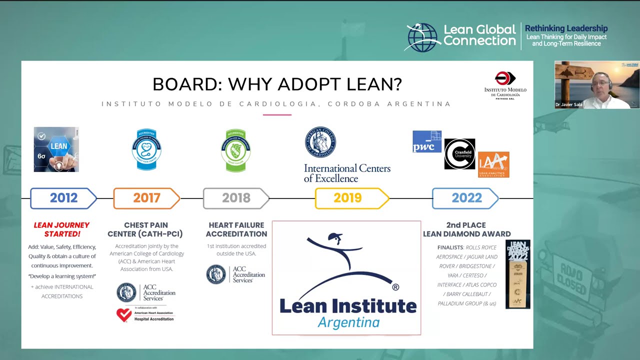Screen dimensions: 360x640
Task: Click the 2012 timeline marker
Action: (x=63, y=198)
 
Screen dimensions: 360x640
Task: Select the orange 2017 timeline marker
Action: (x=146, y=198)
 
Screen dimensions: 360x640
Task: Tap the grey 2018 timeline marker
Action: (x=236, y=198)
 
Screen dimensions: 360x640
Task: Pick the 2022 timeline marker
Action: (x=466, y=198)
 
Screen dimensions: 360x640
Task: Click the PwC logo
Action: (x=426, y=141)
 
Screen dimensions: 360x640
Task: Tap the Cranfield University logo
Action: (x=459, y=154)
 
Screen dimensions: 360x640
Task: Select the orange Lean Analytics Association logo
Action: (x=493, y=164)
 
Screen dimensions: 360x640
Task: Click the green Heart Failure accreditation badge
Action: (x=235, y=150)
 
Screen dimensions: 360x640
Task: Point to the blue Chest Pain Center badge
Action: (x=146, y=149)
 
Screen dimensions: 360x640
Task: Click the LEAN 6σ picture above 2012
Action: (x=56, y=149)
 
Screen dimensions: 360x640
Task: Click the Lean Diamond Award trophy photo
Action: (x=517, y=274)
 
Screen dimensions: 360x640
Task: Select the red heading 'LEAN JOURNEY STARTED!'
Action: (x=62, y=229)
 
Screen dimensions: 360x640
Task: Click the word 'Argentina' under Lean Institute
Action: (x=348, y=322)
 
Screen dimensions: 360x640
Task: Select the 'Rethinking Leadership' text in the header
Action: (x=566, y=28)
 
